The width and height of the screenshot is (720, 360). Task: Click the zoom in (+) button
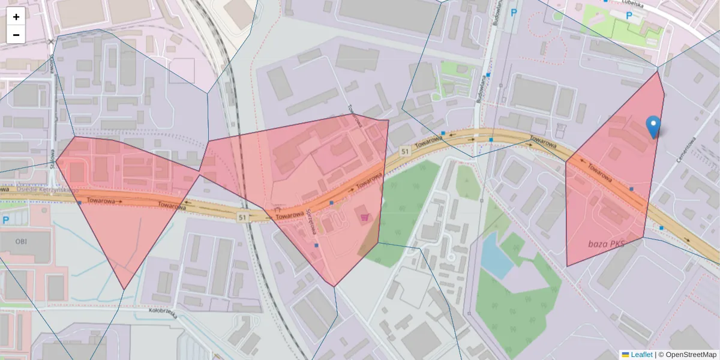point(16,17)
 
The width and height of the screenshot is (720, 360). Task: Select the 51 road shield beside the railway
point(242,217)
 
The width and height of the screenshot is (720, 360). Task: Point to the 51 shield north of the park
point(405,152)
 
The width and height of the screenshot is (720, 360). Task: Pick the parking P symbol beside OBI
point(5,220)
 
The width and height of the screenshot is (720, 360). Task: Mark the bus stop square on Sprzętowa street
point(316,245)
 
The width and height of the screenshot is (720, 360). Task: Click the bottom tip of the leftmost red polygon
point(124,290)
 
